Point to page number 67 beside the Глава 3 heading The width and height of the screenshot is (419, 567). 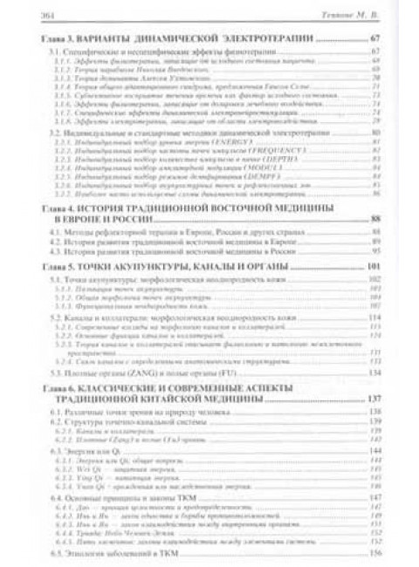coord(376,40)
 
